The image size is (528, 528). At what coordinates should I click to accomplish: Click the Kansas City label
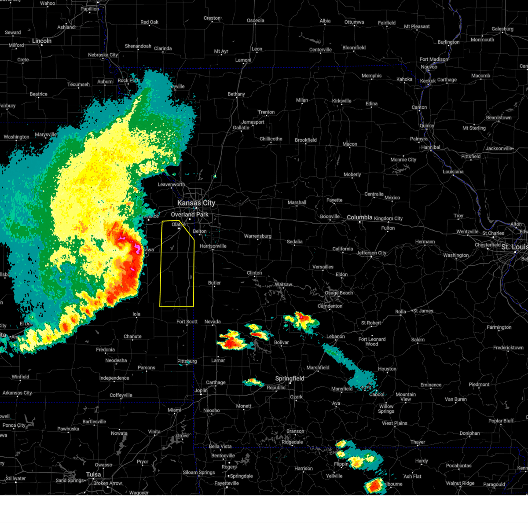click(x=196, y=203)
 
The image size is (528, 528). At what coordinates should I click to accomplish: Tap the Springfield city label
click(x=290, y=378)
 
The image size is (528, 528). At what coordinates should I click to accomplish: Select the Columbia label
click(x=359, y=217)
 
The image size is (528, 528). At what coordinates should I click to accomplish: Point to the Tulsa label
click(x=93, y=474)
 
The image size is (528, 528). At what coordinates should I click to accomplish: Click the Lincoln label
click(x=42, y=41)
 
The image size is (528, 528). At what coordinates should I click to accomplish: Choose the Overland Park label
click(x=190, y=215)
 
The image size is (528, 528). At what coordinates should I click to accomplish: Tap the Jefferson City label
click(x=371, y=253)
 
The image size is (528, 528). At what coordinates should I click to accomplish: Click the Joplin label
click(x=201, y=390)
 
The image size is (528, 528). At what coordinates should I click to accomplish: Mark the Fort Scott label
click(x=187, y=322)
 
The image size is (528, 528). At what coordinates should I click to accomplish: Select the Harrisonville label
click(x=213, y=246)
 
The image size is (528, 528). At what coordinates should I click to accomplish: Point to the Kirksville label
click(x=341, y=101)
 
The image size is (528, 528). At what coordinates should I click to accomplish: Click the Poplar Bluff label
click(x=501, y=421)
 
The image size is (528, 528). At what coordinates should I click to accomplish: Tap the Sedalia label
click(x=294, y=242)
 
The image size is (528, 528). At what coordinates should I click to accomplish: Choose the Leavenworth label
click(x=171, y=184)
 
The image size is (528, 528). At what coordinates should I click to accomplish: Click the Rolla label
click(x=400, y=312)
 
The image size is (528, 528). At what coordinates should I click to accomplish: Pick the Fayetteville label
click(x=227, y=483)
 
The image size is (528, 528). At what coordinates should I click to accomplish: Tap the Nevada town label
click(x=213, y=322)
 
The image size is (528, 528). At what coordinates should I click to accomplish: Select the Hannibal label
click(x=430, y=147)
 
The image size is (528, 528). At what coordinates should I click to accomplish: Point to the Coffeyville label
click(x=121, y=395)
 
